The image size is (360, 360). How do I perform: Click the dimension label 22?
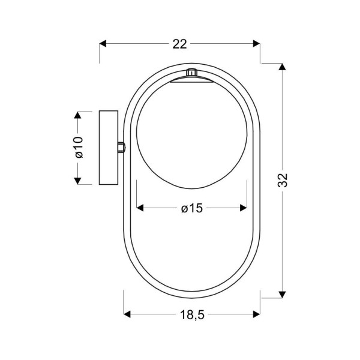point(179,44)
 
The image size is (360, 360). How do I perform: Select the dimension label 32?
point(283,180)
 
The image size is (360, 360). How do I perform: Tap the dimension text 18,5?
point(192,314)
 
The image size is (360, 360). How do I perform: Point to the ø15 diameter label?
point(192,208)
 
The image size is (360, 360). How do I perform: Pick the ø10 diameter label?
point(79,148)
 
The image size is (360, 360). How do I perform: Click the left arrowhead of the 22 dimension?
point(103,43)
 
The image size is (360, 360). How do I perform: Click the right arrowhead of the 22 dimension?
point(256,43)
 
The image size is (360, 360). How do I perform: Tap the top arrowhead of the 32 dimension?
point(282,67)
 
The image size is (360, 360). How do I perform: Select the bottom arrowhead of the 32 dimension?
point(282,295)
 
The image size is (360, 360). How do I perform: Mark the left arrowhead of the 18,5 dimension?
point(127,314)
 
